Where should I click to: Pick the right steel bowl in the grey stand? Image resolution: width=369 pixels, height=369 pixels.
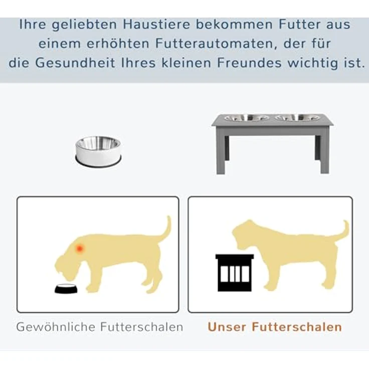click(297, 118)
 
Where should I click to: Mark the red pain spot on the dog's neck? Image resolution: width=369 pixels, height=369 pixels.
click(81, 248)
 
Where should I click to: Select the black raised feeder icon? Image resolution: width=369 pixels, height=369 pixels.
click(234, 273)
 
